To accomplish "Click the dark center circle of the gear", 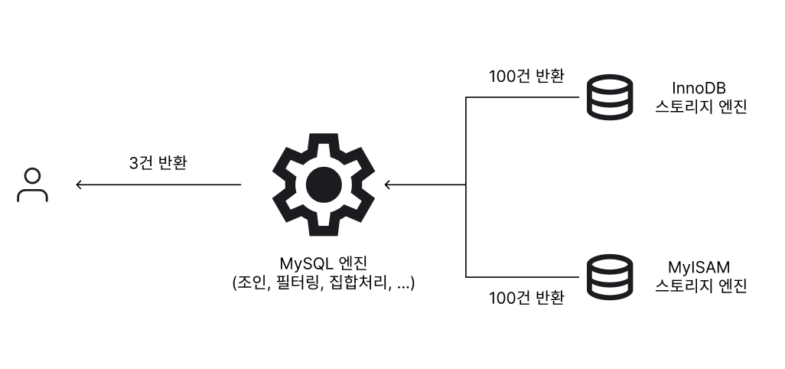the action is (324, 184).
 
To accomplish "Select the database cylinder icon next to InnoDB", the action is (610, 97).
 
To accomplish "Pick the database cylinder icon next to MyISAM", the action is (610, 277).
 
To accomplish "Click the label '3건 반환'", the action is (158, 163).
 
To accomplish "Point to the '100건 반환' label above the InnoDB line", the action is (526, 76).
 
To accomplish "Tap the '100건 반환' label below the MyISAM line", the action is (526, 298).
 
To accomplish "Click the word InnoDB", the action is (699, 88).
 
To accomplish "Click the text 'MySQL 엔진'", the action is (324, 263).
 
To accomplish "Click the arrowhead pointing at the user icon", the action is (79, 184).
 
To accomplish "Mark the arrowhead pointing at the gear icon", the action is (388, 184).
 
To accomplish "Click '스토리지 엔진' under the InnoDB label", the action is (701, 107).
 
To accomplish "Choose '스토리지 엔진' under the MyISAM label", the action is (701, 286).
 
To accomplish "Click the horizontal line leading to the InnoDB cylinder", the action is (522, 97).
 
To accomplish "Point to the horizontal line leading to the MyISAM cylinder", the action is (522, 277).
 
